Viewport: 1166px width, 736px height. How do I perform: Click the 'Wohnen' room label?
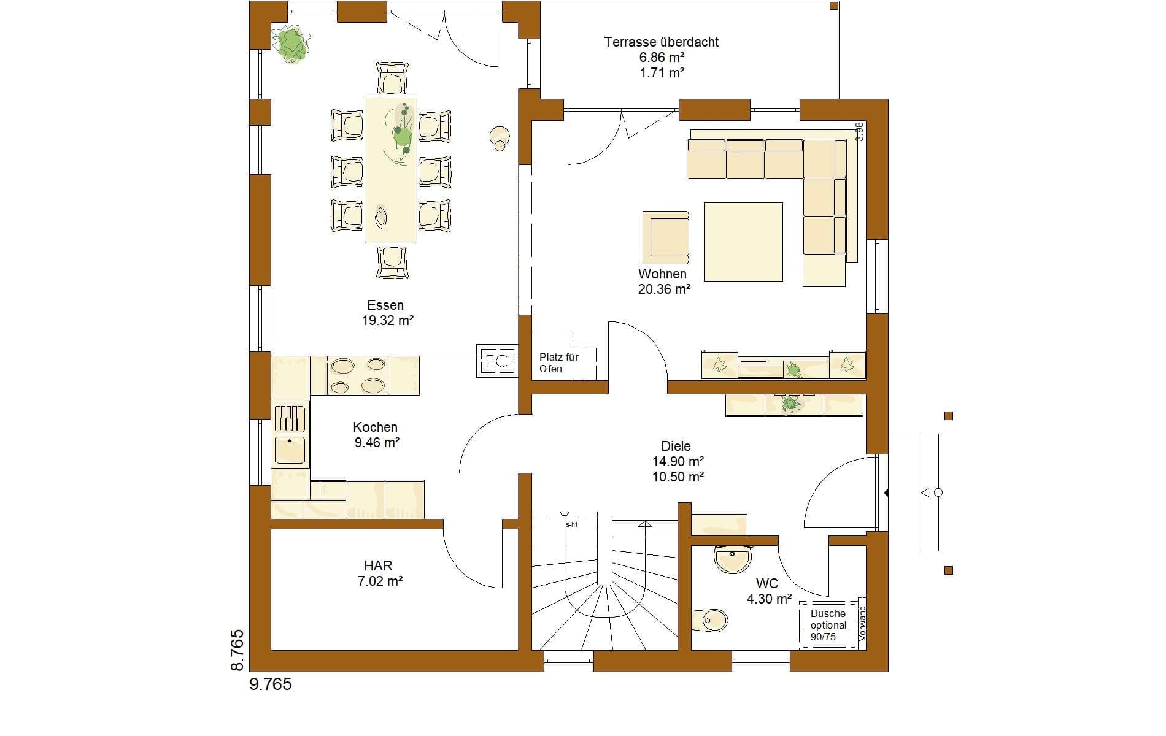pos(662,274)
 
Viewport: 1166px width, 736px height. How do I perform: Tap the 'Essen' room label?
pos(385,305)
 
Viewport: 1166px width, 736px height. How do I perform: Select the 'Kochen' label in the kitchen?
pos(375,427)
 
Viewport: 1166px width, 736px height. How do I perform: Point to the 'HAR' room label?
pos(378,565)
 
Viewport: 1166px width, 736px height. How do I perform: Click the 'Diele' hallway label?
pos(676,447)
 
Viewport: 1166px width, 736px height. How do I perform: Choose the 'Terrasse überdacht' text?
pos(661,42)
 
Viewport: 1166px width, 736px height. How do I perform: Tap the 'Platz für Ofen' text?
pos(558,362)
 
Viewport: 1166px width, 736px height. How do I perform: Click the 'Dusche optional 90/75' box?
pos(828,625)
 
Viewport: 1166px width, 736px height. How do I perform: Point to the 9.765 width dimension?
pos(271,684)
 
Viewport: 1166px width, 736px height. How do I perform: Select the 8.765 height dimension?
pos(237,650)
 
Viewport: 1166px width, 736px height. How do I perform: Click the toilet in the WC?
pos(709,620)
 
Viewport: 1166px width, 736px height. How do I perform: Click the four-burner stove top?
pos(358,375)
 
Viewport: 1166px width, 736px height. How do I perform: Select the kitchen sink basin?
pos(290,450)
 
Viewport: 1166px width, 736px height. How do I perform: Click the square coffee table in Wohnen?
pos(743,242)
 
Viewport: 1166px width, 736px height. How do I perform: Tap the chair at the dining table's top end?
pos(392,77)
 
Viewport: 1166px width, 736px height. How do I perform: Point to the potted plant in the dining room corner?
pos(291,44)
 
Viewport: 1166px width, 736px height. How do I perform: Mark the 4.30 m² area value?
pos(769,599)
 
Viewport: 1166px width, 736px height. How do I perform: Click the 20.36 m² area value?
pos(664,289)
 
